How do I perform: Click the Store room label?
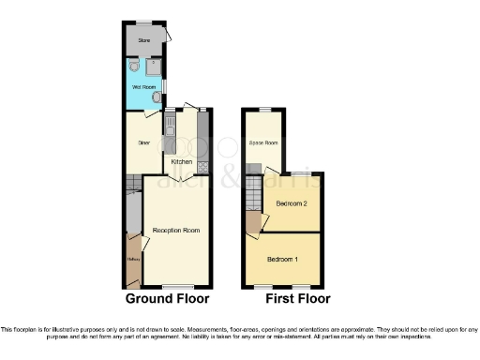point(144,40)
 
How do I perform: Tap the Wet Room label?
point(143,88)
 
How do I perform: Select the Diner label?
point(144,143)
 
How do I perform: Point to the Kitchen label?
point(181,162)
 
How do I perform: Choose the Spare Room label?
point(263,143)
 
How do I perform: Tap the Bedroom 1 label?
point(283,259)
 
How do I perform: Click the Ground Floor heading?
point(168,300)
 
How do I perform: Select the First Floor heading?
point(282,300)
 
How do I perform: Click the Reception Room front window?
point(178,286)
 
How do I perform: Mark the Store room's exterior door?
point(166,34)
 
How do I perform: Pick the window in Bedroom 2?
point(300,173)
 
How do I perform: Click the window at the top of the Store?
point(144,23)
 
